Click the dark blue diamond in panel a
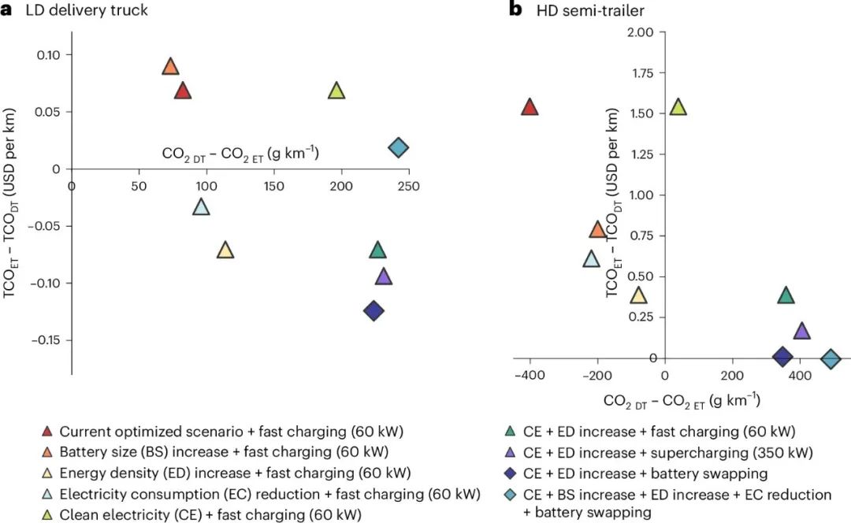(x=373, y=311)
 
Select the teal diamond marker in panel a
(x=399, y=147)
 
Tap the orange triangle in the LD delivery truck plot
(x=170, y=67)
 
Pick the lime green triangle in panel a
(x=336, y=91)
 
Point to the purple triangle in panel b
(x=801, y=332)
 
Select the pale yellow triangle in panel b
(x=638, y=296)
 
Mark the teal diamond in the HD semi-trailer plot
(x=831, y=359)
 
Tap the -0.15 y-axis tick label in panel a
(x=47, y=340)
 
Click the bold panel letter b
(x=516, y=11)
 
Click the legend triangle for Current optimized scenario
(x=47, y=432)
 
